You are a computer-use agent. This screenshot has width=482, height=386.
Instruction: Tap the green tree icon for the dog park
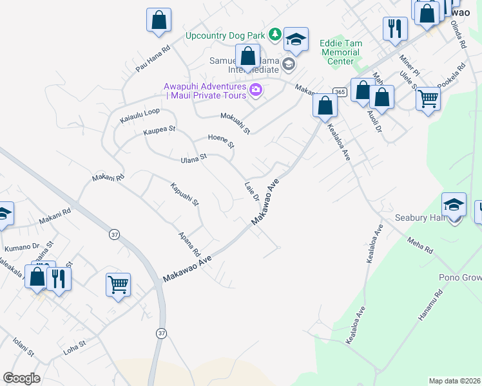point(275,34)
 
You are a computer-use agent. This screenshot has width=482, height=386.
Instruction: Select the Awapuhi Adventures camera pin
point(256,91)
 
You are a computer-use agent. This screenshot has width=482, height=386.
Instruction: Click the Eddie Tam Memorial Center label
point(341,52)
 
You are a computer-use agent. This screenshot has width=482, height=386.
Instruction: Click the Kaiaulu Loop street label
point(140,111)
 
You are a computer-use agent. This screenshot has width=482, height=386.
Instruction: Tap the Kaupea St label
point(159,129)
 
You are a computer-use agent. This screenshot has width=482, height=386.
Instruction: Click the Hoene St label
point(221,141)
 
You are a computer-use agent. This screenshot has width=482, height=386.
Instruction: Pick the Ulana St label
point(193,157)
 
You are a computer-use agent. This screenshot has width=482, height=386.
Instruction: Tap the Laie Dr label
point(251,190)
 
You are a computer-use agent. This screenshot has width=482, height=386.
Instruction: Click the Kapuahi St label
point(185,194)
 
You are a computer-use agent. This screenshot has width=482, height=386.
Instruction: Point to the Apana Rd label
point(190,243)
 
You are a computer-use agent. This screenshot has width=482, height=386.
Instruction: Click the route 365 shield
point(340,93)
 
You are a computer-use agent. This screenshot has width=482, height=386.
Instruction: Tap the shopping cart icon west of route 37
point(119,284)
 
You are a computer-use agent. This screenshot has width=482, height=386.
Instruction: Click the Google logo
point(22,378)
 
